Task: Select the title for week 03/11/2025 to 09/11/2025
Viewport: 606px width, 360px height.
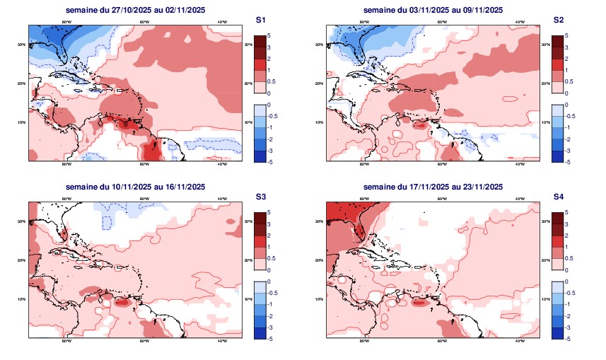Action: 433,10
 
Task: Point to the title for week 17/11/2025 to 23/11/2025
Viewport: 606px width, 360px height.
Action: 433,187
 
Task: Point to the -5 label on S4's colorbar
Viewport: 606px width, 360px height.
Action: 570,338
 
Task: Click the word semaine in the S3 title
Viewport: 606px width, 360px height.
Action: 81,187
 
